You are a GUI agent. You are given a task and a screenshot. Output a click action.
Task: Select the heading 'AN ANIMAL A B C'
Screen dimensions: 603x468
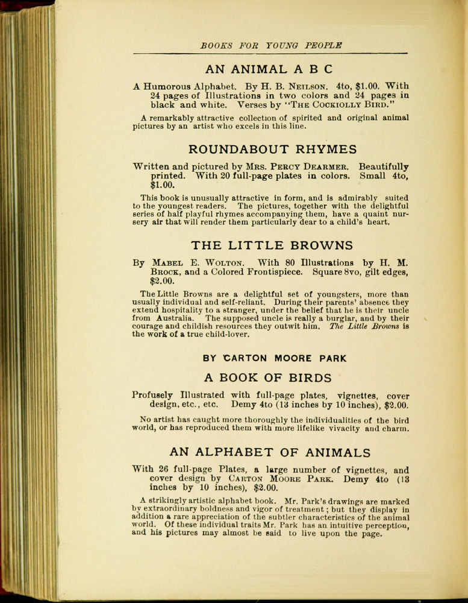(x=269, y=69)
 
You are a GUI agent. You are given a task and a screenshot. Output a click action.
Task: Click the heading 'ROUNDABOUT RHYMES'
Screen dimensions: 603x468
(x=272, y=150)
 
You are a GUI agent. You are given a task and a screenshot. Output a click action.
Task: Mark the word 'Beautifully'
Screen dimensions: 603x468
(x=384, y=166)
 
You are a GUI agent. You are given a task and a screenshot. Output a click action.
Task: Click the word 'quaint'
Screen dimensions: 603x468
(x=361, y=213)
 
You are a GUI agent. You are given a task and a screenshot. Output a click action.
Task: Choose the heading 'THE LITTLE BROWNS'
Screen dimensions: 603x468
(x=272, y=245)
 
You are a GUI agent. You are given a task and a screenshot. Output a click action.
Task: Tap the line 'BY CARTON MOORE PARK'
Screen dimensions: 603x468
(x=275, y=358)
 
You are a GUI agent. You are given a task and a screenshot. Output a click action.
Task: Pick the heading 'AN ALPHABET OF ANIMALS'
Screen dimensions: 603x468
(x=270, y=452)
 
